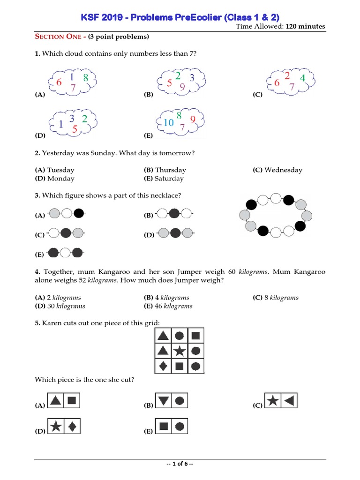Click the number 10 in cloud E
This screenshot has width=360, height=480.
click(169, 123)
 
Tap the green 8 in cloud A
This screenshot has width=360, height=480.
click(86, 78)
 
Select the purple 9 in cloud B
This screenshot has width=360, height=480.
click(182, 87)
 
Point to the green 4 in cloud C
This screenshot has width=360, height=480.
click(302, 78)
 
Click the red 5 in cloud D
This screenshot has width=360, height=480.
click(75, 129)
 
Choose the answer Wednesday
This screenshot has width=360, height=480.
click(283, 170)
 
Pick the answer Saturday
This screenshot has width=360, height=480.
click(169, 179)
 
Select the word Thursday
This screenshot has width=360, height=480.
click(170, 170)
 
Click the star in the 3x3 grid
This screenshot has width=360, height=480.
click(180, 351)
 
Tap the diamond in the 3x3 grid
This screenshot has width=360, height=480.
click(163, 366)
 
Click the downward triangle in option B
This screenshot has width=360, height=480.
click(163, 401)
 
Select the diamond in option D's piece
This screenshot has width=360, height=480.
click(72, 427)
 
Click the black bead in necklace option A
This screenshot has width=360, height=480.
click(79, 214)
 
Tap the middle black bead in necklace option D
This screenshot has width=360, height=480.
click(176, 232)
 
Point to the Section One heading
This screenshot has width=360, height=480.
click(55, 37)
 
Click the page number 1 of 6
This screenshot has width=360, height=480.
click(180, 464)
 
